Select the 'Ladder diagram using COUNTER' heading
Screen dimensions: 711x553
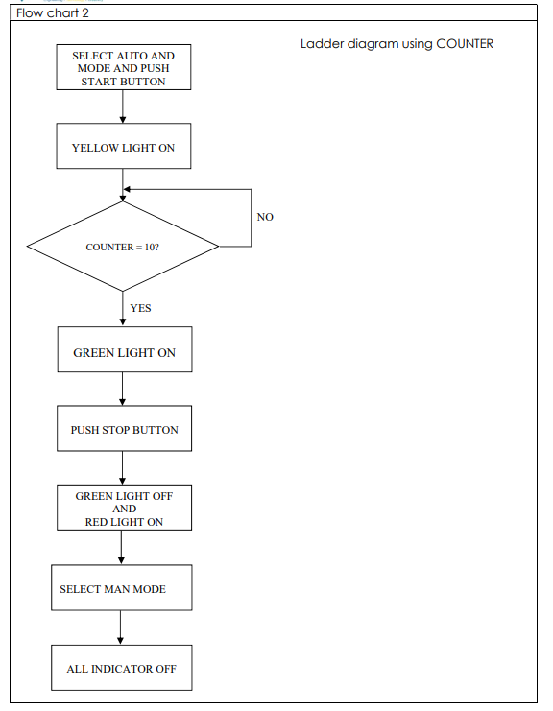(x=397, y=44)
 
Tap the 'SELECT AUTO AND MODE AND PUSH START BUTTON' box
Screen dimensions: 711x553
(x=123, y=68)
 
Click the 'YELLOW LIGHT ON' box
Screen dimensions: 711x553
(x=123, y=148)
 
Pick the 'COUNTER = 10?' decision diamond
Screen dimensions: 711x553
(x=123, y=247)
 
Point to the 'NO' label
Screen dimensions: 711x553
(x=265, y=217)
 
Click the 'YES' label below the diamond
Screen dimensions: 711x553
(x=140, y=308)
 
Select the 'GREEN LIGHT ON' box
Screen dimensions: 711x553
(x=123, y=352)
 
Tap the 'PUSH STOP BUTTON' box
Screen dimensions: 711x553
(x=123, y=430)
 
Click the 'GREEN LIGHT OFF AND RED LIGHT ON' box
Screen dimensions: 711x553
(x=123, y=508)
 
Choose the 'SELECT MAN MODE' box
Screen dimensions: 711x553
(x=121, y=588)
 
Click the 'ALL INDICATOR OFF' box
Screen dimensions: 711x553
(x=121, y=668)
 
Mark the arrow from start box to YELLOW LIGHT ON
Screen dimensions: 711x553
(x=123, y=107)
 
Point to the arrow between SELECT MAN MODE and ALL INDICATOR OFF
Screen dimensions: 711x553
(x=121, y=628)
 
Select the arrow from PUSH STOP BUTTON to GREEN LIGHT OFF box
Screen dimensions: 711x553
(x=123, y=468)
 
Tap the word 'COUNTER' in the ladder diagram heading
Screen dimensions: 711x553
(x=465, y=44)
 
